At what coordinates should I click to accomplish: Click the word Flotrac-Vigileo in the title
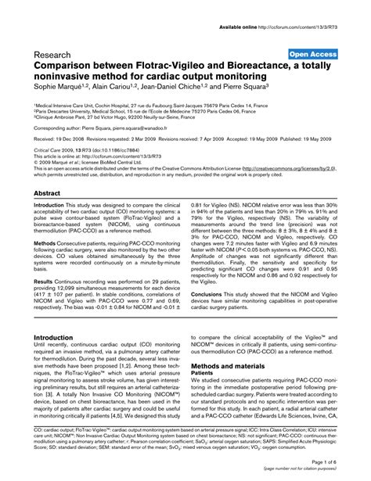coord(176,68)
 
